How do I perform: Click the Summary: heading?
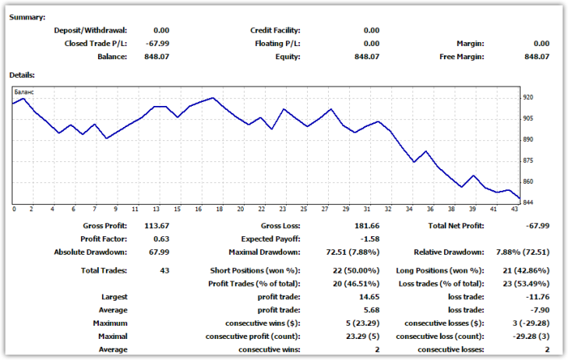(x=27, y=17)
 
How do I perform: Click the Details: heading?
(x=23, y=75)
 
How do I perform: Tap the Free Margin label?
(x=461, y=57)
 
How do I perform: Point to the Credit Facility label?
(x=275, y=30)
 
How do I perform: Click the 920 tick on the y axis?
(x=528, y=97)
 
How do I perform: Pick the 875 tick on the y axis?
(x=528, y=161)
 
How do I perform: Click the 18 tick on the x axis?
(x=220, y=210)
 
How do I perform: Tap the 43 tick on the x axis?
(x=515, y=210)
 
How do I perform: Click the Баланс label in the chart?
(x=24, y=92)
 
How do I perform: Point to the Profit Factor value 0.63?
(x=161, y=239)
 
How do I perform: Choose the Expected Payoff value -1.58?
(x=369, y=239)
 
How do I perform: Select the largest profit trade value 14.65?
(x=367, y=297)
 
